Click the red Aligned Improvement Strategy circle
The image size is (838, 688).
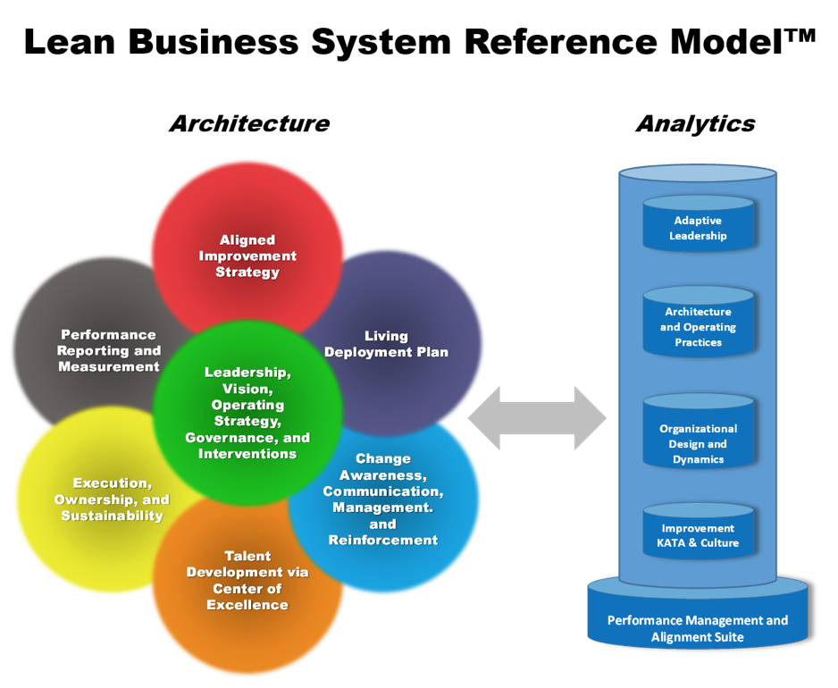pos(247,241)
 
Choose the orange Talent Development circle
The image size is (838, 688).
pos(247,581)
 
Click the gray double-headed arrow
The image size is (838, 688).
pos(537,417)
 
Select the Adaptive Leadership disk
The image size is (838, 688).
pos(699,228)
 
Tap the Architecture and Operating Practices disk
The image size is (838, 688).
pos(699,327)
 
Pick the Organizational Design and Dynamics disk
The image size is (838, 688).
pos(699,443)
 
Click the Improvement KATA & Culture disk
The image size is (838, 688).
pos(699,534)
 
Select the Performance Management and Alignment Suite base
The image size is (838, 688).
pos(698,628)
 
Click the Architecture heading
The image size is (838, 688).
pos(249,123)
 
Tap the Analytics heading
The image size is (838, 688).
pos(695,123)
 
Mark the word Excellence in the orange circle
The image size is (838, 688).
pos(247,605)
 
